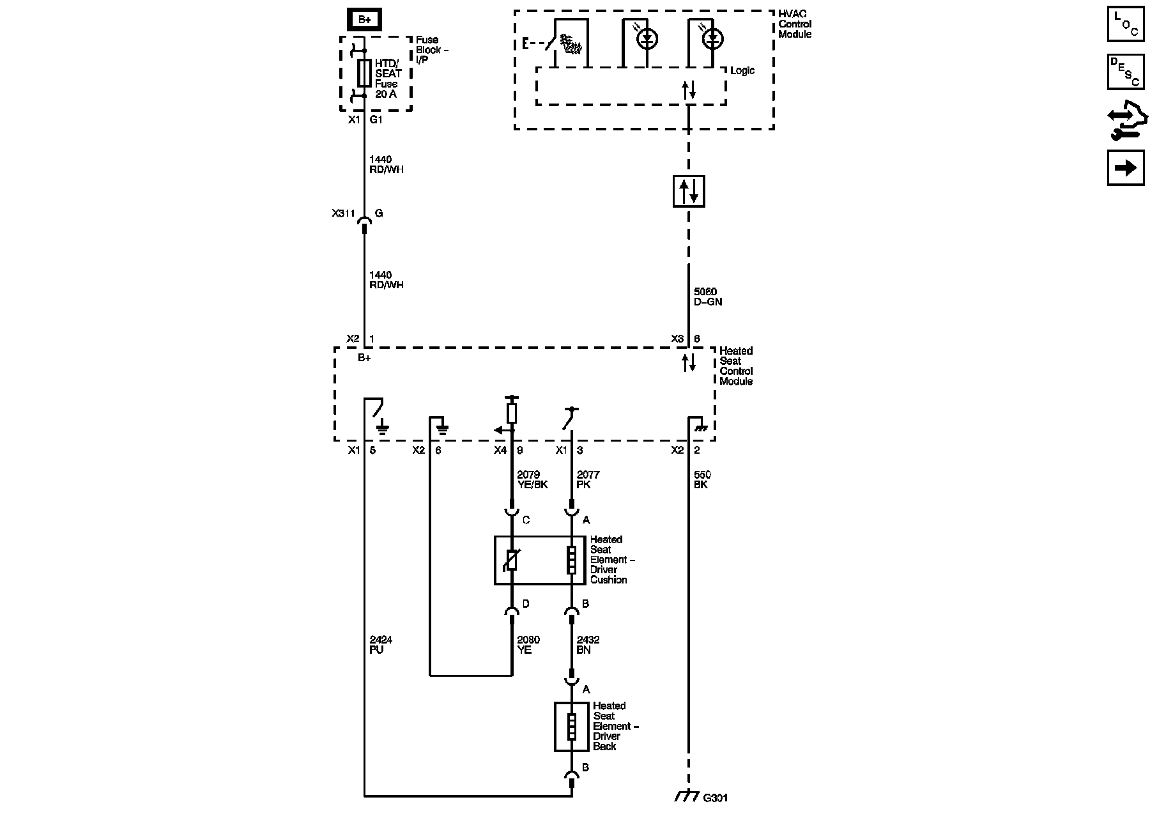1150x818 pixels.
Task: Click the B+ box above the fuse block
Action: (364, 20)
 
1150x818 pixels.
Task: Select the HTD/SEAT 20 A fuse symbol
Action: (364, 73)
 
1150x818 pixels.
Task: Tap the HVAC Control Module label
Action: (795, 24)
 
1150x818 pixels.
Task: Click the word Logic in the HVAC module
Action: (742, 71)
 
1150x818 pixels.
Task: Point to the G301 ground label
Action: (715, 798)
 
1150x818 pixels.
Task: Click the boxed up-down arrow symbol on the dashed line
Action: (689, 191)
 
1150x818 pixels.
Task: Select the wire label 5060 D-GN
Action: (708, 297)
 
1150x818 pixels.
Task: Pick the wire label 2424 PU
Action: (381, 645)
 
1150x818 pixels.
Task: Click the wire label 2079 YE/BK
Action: (532, 480)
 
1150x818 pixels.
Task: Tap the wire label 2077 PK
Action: (588, 480)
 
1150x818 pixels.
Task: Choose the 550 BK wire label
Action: (701, 480)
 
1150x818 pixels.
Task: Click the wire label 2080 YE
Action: (528, 645)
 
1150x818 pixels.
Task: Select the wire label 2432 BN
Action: (588, 645)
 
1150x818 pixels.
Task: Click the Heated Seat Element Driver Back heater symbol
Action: (571, 727)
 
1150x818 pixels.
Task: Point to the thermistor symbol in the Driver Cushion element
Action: (512, 560)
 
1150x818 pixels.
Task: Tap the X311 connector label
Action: (343, 213)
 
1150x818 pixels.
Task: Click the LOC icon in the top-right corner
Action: (1126, 24)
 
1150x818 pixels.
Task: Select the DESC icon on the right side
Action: (1126, 72)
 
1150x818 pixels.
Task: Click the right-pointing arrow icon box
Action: (1126, 168)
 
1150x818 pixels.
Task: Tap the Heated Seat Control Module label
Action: (736, 366)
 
